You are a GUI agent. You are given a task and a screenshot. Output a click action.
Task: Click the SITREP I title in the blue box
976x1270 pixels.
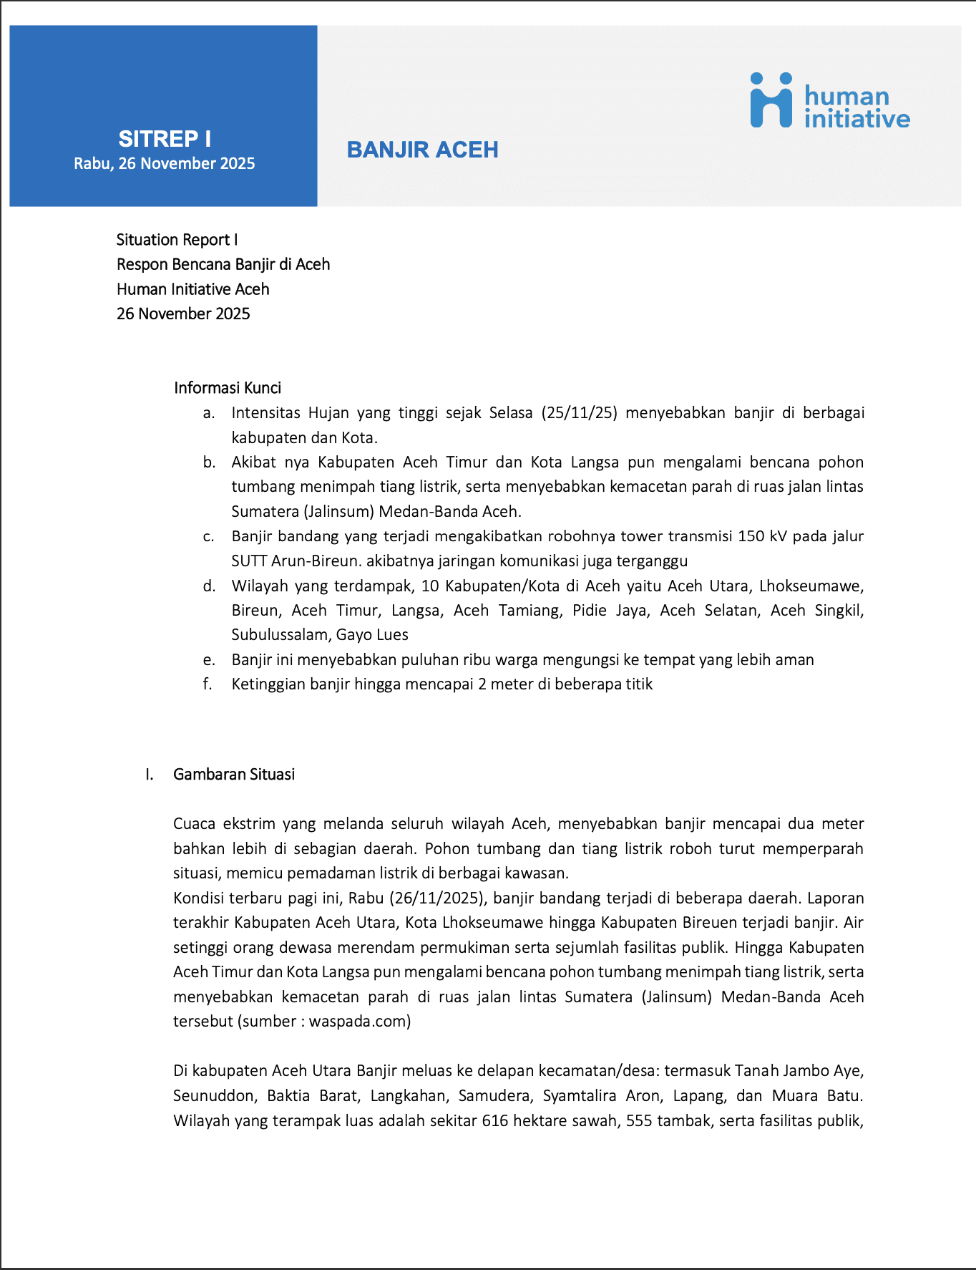coord(165,139)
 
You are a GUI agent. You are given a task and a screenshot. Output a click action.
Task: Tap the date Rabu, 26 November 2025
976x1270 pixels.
coord(165,163)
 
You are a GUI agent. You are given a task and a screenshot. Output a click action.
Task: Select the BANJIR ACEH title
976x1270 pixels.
coord(422,150)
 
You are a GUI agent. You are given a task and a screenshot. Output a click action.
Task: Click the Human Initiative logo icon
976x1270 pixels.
coord(771,100)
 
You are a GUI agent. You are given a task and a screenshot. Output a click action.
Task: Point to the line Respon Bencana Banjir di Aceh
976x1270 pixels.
coord(223,264)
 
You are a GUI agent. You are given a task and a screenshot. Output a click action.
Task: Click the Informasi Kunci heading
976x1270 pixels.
coord(228,387)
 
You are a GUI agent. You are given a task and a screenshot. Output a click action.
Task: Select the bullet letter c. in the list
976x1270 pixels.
coord(208,536)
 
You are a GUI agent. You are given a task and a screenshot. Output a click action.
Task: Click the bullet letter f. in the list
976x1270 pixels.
coord(208,684)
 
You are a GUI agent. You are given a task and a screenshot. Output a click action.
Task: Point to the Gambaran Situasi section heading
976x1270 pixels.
coord(234,774)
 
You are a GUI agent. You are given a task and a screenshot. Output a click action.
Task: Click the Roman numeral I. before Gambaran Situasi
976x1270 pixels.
coord(149,774)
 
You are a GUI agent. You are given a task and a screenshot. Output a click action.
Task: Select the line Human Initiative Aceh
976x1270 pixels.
coord(193,289)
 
